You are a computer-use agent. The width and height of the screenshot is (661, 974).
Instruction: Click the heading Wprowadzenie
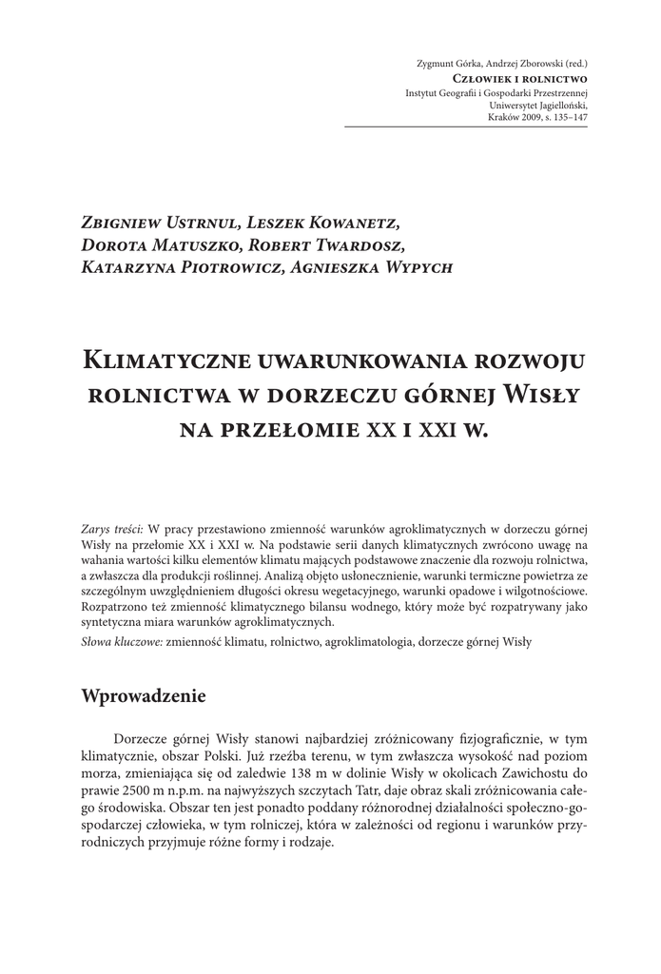coord(145,694)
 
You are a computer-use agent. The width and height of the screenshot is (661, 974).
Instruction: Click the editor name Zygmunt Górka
coord(449,65)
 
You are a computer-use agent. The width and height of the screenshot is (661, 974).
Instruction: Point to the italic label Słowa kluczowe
coord(121,642)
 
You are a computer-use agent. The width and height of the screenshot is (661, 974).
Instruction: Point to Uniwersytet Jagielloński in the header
coord(539,105)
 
